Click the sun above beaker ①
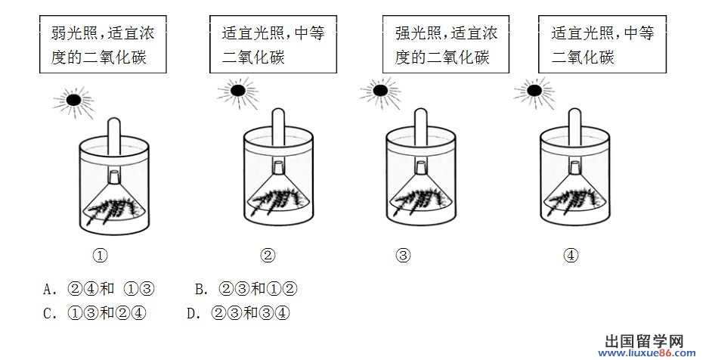(x=73, y=100)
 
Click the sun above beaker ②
(x=238, y=91)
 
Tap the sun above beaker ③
(x=380, y=91)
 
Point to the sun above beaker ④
(x=534, y=91)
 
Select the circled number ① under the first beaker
(x=100, y=256)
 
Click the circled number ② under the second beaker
(x=268, y=256)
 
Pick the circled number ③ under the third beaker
(x=403, y=256)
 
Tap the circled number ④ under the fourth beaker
(x=571, y=256)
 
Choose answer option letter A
(x=48, y=289)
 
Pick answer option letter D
(x=192, y=314)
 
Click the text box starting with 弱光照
(x=103, y=44)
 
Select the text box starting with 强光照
(x=446, y=44)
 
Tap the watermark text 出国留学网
(x=644, y=340)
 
